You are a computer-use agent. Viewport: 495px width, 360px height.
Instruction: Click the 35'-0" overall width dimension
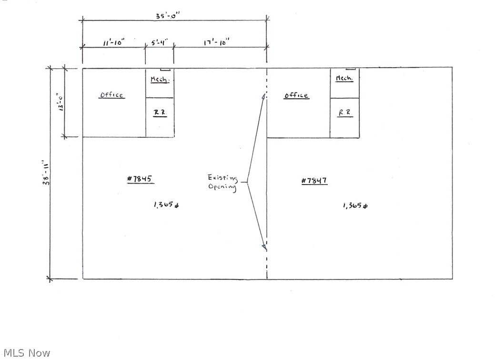pyautogui.click(x=168, y=15)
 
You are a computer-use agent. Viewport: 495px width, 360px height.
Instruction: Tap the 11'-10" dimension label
pyautogui.click(x=114, y=41)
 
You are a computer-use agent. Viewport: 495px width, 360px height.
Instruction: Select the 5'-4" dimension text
pyautogui.click(x=159, y=42)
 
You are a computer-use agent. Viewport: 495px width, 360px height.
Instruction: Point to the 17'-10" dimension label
pyautogui.click(x=216, y=41)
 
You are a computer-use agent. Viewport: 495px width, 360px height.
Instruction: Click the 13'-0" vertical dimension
pyautogui.click(x=61, y=102)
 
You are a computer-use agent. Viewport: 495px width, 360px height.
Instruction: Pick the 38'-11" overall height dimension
pyautogui.click(x=46, y=173)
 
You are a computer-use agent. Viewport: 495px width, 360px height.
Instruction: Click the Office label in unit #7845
pyautogui.click(x=112, y=95)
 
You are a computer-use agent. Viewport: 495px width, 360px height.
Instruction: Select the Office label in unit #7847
pyautogui.click(x=296, y=95)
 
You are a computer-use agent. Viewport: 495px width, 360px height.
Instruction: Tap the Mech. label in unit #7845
pyautogui.click(x=160, y=79)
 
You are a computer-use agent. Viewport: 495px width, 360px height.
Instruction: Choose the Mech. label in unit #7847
pyautogui.click(x=344, y=78)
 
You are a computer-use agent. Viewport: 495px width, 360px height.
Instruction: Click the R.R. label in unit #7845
pyautogui.click(x=160, y=113)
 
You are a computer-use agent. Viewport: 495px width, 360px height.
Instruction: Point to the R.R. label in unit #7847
pyautogui.click(x=345, y=113)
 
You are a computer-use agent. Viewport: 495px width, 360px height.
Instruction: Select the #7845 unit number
pyautogui.click(x=140, y=179)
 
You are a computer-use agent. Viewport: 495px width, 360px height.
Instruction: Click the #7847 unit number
pyautogui.click(x=314, y=180)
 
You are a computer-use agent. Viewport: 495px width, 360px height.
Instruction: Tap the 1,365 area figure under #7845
pyautogui.click(x=166, y=205)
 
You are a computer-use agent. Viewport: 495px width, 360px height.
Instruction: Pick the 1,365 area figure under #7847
pyautogui.click(x=355, y=206)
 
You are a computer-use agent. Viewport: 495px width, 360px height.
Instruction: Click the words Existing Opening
pyautogui.click(x=222, y=182)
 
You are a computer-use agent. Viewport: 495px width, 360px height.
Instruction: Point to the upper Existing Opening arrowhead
pyautogui.click(x=263, y=96)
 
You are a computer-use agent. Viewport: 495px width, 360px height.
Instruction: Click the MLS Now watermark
pyautogui.click(x=27, y=353)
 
